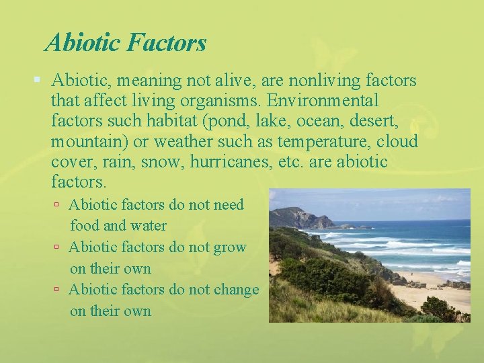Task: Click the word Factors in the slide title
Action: (165, 44)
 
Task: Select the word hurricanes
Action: (233, 162)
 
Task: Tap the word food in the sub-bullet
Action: (85, 225)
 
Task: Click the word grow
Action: (229, 247)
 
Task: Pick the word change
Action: (235, 290)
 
